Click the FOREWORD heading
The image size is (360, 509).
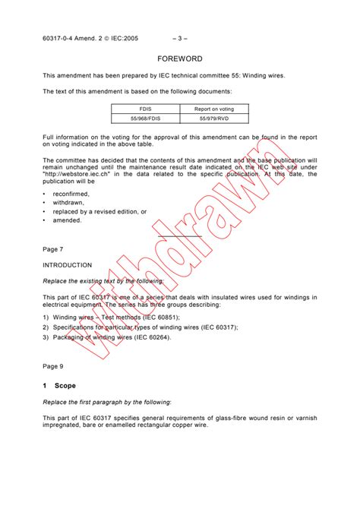click(x=180, y=58)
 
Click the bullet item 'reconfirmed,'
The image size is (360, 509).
click(x=71, y=194)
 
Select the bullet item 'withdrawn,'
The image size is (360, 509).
click(x=68, y=203)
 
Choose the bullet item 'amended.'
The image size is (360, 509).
click(x=67, y=220)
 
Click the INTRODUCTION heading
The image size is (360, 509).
click(x=68, y=265)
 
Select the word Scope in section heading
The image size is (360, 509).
click(x=65, y=386)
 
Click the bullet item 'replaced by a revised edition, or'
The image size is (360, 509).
click(x=99, y=212)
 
